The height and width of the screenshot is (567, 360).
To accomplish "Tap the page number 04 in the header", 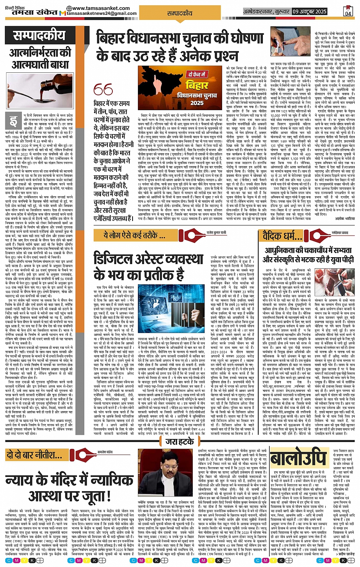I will (x=348, y=11).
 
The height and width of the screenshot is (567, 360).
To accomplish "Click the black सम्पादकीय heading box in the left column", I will (x=40, y=36).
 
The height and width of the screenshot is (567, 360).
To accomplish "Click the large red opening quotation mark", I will (x=103, y=90).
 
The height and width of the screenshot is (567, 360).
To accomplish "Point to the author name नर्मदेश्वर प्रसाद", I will (x=340, y=232).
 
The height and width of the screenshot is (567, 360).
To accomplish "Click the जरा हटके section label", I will (x=180, y=442).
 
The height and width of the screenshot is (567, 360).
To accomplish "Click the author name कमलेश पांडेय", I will (x=105, y=452).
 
